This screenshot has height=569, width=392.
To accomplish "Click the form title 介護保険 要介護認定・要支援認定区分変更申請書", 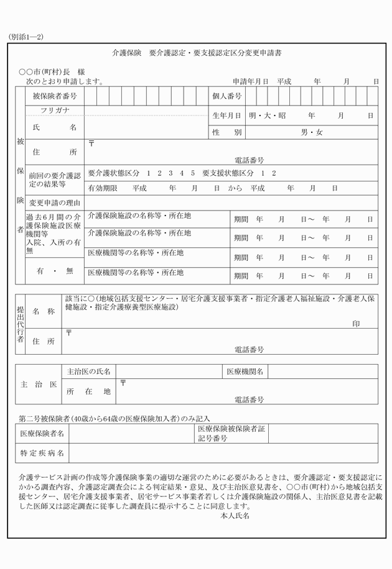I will click(x=196, y=54).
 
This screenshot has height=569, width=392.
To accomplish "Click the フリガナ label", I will click(x=55, y=111).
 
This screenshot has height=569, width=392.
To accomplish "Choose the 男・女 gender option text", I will click(x=312, y=132).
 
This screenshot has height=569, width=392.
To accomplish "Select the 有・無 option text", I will click(x=55, y=271).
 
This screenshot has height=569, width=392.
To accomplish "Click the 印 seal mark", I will click(x=356, y=324).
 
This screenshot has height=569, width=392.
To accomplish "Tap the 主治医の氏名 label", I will click(x=88, y=371).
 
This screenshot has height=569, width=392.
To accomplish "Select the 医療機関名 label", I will click(x=245, y=371).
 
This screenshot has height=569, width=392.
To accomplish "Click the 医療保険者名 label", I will click(x=42, y=433).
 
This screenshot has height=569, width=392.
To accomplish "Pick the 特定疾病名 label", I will click(x=42, y=453).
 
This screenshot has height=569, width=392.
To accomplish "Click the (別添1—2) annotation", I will click(x=26, y=37).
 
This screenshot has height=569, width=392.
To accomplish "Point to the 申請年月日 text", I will click(x=251, y=81).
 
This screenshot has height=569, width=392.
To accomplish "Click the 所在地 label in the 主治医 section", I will click(x=88, y=391).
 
